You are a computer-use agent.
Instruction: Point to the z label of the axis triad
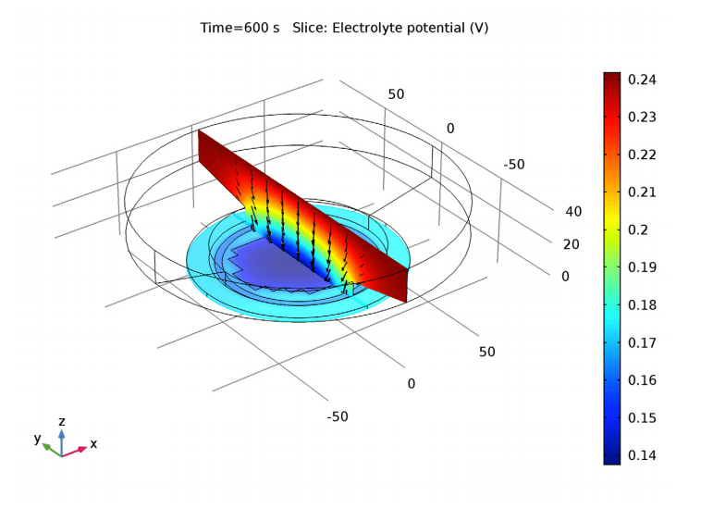pos(61,422)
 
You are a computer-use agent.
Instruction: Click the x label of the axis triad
pos(93,444)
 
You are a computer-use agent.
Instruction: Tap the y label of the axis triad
pos(38,439)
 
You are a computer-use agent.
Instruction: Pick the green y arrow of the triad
pos(52,448)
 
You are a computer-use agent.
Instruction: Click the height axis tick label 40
pos(573,212)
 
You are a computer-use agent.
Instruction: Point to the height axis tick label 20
pos(572,244)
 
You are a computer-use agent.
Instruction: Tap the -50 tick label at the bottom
pos(338,416)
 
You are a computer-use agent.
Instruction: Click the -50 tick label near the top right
pos(514,165)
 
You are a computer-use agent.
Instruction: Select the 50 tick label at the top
pos(396,94)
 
